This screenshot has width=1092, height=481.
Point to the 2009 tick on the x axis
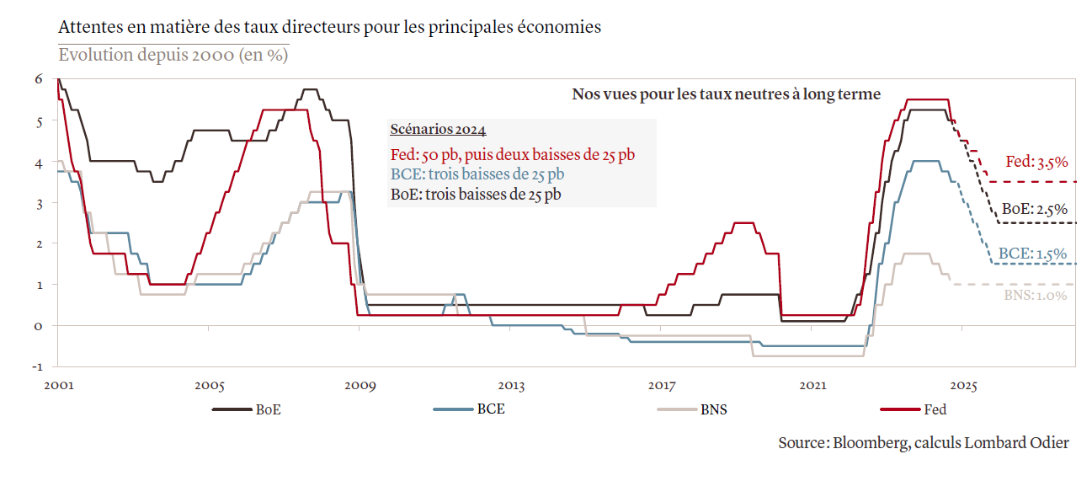point(360,386)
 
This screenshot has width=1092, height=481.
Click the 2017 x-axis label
point(662,386)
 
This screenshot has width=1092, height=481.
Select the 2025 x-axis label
point(963,386)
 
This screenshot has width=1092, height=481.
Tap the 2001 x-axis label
point(57,386)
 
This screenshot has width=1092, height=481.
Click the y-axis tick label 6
point(38,79)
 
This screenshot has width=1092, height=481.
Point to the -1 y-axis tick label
point(36,366)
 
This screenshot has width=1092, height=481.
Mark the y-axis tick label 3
point(38,202)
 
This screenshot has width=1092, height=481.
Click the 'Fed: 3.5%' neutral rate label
point(1036,162)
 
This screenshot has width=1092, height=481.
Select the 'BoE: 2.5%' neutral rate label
point(1035,209)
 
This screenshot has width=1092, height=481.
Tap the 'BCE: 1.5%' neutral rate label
point(1032,254)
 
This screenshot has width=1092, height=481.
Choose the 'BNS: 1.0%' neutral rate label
point(1036,296)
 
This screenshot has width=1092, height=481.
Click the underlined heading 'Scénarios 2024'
point(438,130)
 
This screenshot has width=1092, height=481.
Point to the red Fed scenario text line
point(513,155)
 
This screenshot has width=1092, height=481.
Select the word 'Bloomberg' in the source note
point(870,443)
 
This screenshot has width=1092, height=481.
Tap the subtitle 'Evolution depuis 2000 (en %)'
point(173,55)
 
